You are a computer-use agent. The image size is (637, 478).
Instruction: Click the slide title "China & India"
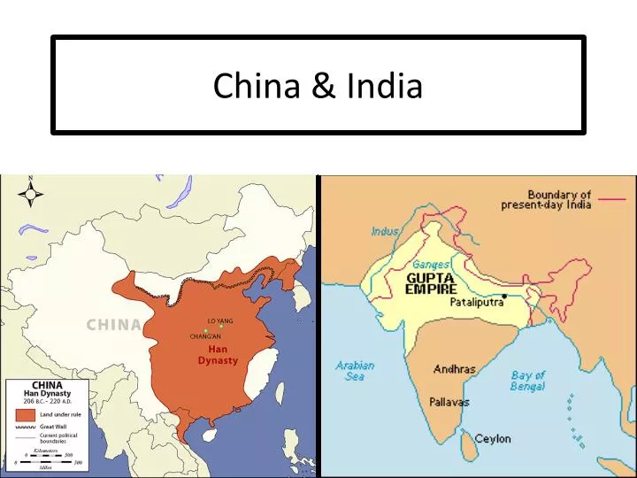pos(318,86)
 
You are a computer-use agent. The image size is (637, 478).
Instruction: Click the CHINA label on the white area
pos(113,325)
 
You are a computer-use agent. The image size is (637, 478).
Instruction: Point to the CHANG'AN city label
pos(205,336)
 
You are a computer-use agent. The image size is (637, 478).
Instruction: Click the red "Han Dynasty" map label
pos(218,355)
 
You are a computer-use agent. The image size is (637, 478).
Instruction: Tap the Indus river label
pos(386,232)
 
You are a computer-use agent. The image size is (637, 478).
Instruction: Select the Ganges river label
pos(432,265)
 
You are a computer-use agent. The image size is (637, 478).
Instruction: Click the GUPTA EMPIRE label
pos(431,283)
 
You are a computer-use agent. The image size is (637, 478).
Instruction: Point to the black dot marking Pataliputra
pos(504,296)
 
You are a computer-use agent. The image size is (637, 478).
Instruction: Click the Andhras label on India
pos(454,369)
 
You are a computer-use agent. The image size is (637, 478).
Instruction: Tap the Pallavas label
pos(449,402)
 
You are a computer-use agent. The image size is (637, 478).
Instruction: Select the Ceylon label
pos(493,439)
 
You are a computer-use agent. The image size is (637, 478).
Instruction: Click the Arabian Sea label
pos(355,371)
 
